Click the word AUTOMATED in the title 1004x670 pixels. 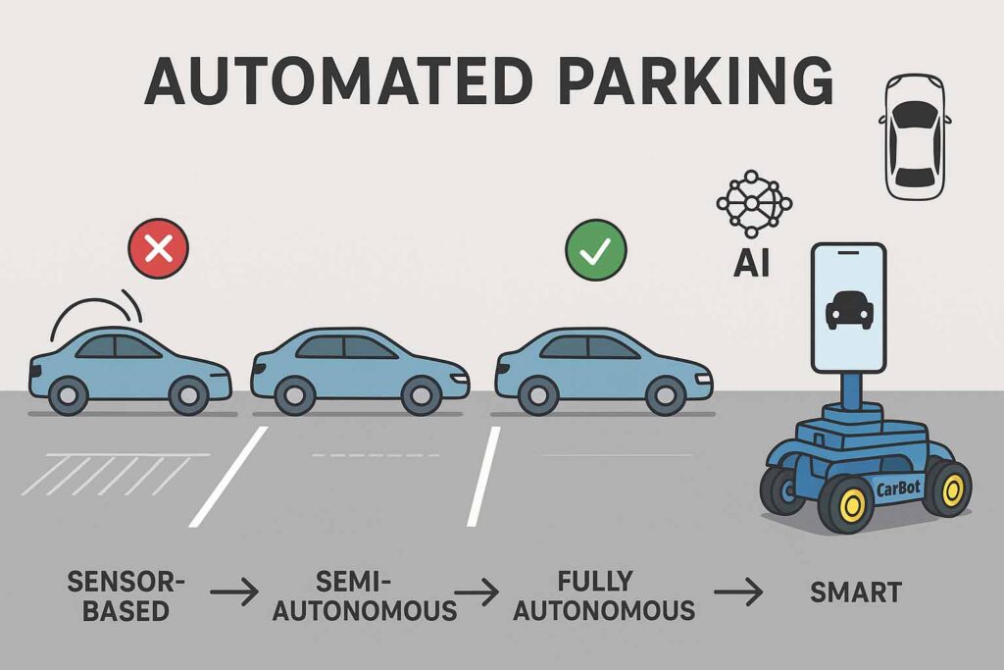[329, 80]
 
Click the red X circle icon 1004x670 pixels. [158, 252]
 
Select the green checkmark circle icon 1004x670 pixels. [594, 252]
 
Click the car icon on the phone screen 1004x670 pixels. [849, 310]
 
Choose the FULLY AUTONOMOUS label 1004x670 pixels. [604, 594]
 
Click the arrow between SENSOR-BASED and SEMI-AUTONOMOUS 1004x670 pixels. [234, 593]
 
